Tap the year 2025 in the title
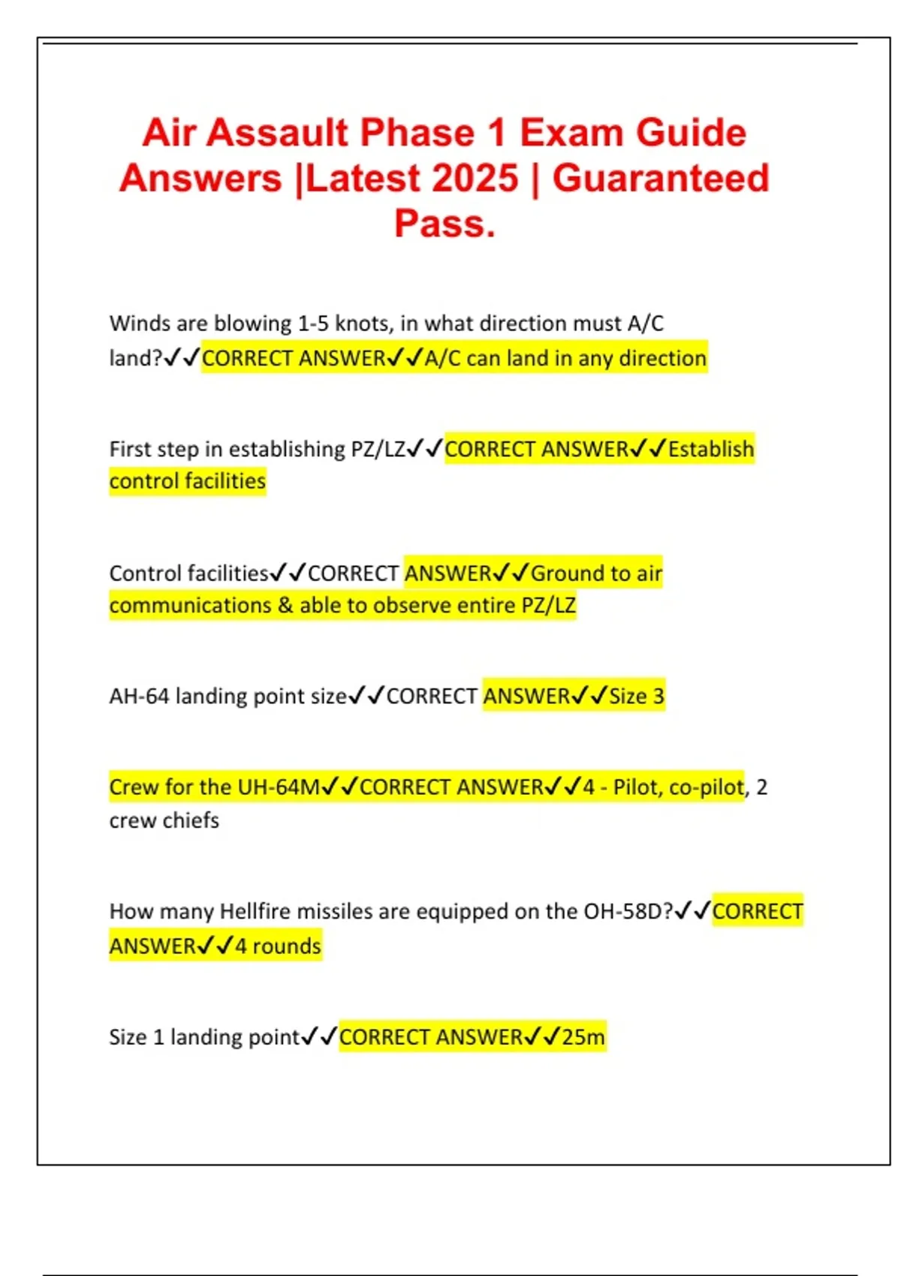(475, 179)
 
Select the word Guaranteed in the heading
(661, 179)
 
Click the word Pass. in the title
(444, 224)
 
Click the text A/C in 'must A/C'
(645, 324)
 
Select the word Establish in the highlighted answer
(711, 449)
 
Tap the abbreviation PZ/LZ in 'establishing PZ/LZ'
(378, 449)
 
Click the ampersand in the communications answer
(285, 605)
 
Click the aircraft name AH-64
(139, 697)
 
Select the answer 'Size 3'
(637, 697)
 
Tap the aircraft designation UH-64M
(279, 787)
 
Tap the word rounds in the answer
(287, 946)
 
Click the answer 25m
(583, 1037)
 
